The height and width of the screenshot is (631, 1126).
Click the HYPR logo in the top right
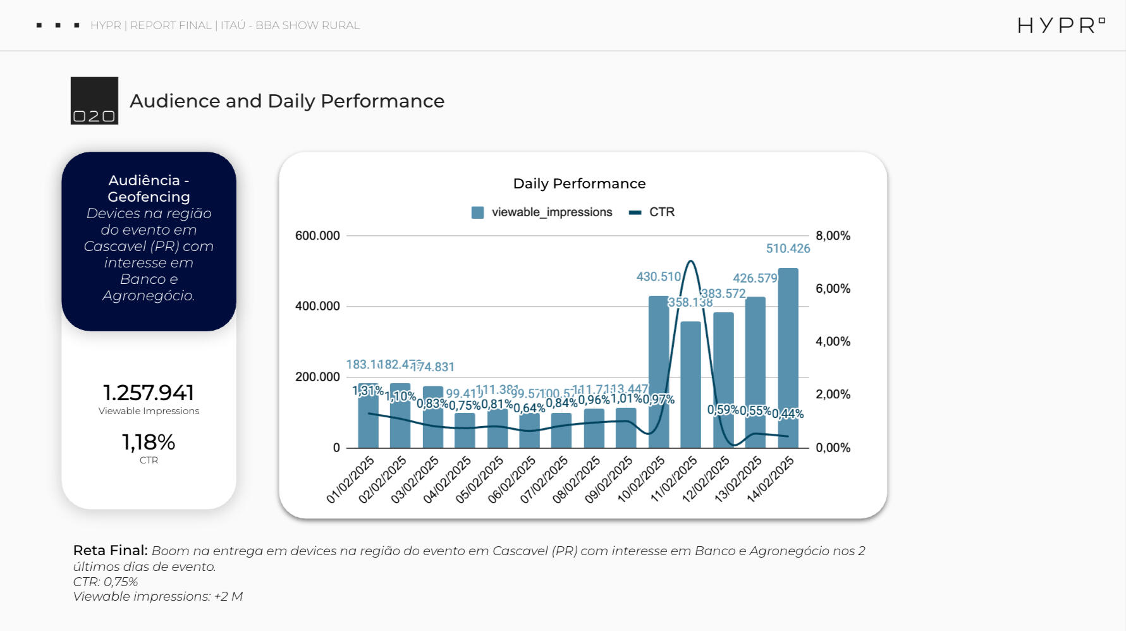1060,25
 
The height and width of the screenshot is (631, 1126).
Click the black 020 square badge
94,101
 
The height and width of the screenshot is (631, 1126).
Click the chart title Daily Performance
579,183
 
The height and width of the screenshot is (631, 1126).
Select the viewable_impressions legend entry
542,212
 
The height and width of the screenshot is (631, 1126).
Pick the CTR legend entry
652,212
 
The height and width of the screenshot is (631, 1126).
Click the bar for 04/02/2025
465,430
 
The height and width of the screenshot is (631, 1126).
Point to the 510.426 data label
788,248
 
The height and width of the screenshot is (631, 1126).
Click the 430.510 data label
658,277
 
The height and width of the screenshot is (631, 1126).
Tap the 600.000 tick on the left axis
317,236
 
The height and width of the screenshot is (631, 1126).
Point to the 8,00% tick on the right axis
833,236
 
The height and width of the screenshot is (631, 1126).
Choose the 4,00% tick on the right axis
833,341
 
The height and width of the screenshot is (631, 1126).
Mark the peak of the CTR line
690,261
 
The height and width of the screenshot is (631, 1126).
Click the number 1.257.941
149,393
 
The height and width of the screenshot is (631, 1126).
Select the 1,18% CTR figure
149,442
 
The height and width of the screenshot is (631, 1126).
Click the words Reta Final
110,550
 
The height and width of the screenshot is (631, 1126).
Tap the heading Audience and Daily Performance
287,101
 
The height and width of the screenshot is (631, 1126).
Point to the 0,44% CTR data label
788,414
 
